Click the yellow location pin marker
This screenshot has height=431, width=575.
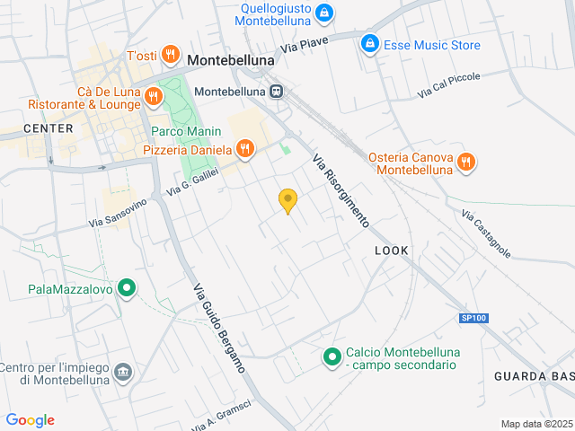tap(287, 201)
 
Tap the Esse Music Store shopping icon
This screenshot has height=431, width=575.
tap(368, 44)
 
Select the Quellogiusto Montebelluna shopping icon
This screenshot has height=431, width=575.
tap(324, 13)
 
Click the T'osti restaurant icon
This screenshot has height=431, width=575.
tap(170, 56)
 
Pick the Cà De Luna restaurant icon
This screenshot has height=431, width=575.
tap(154, 97)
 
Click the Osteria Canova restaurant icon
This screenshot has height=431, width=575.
tap(465, 163)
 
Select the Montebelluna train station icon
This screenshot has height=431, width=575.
tap(276, 92)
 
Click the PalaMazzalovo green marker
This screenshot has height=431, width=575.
tap(128, 288)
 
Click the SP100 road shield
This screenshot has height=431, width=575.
tap(473, 318)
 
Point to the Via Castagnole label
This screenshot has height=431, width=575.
tap(486, 234)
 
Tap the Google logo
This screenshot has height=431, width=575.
tap(30, 420)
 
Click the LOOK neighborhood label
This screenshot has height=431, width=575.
tap(391, 251)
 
